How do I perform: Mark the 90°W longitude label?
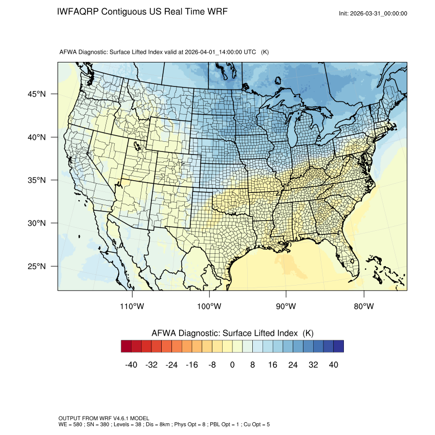pyautogui.click(x=286, y=307)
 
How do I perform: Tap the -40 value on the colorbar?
pyautogui.click(x=131, y=365)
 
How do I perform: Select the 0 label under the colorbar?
pyautogui.click(x=232, y=365)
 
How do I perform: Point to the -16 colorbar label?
pyautogui.click(x=191, y=365)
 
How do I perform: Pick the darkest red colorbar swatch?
pyautogui.click(x=126, y=346)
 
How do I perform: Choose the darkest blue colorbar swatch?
pyautogui.click(x=338, y=346)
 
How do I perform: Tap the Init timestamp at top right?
pyautogui.click(x=373, y=13)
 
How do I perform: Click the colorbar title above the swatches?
pyautogui.click(x=232, y=333)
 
